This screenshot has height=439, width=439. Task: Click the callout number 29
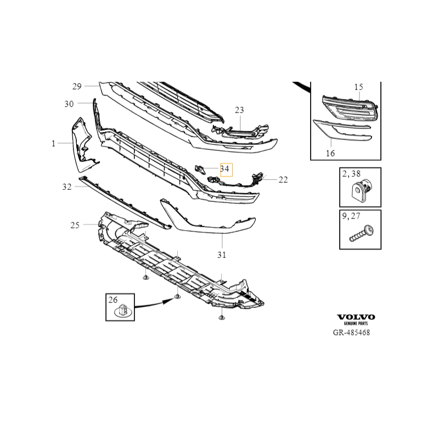tap(77, 87)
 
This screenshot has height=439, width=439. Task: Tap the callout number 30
tap(69, 104)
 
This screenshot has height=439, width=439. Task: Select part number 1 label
tap(53, 144)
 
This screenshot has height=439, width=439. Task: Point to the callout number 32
tap(67, 187)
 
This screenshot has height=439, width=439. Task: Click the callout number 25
tap(75, 225)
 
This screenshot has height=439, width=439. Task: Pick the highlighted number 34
tap(224, 169)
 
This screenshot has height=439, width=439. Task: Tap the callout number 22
tap(283, 180)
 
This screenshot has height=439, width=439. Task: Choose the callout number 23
tap(239, 110)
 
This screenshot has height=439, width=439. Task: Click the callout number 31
tap(222, 255)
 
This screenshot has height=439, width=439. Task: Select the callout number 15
tap(359, 87)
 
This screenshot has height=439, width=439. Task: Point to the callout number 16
tap(330, 154)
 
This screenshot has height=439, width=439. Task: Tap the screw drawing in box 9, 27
tap(362, 234)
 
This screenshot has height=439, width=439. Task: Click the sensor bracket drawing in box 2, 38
tap(361, 190)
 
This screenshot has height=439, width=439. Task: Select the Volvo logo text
tap(356, 317)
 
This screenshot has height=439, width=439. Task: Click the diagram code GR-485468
tap(351, 333)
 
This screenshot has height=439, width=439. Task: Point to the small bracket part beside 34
tap(200, 169)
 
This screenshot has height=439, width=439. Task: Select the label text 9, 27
tap(351, 216)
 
